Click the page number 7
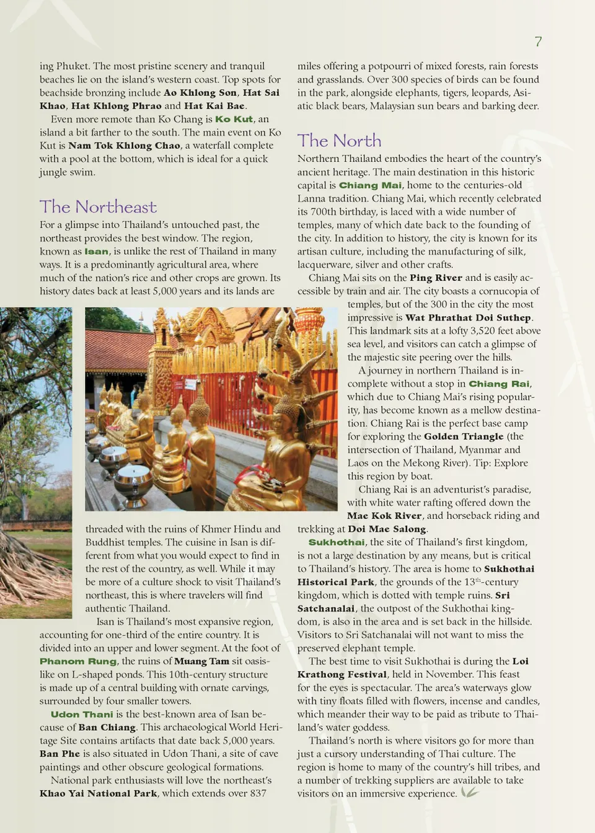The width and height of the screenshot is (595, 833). click(x=538, y=42)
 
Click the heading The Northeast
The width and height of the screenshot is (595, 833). click(x=98, y=207)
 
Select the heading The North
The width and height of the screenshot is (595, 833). click(x=339, y=141)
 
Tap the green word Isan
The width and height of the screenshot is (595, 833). click(x=96, y=252)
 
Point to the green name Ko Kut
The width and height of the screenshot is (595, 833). click(x=234, y=119)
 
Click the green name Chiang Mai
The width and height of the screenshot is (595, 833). click(x=370, y=185)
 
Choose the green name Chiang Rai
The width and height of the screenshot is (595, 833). click(x=499, y=384)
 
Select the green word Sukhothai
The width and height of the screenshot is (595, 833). click(x=337, y=542)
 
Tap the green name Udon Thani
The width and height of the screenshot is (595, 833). click(x=82, y=715)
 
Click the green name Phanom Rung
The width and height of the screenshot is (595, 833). click(x=78, y=661)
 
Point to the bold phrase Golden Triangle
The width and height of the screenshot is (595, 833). click(x=464, y=436)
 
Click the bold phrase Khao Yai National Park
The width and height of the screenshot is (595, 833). click(x=99, y=793)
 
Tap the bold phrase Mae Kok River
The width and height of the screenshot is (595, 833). click(x=384, y=516)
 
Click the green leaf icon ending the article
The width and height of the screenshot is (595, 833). click(x=470, y=793)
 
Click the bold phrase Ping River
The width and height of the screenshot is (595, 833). click(x=436, y=278)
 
